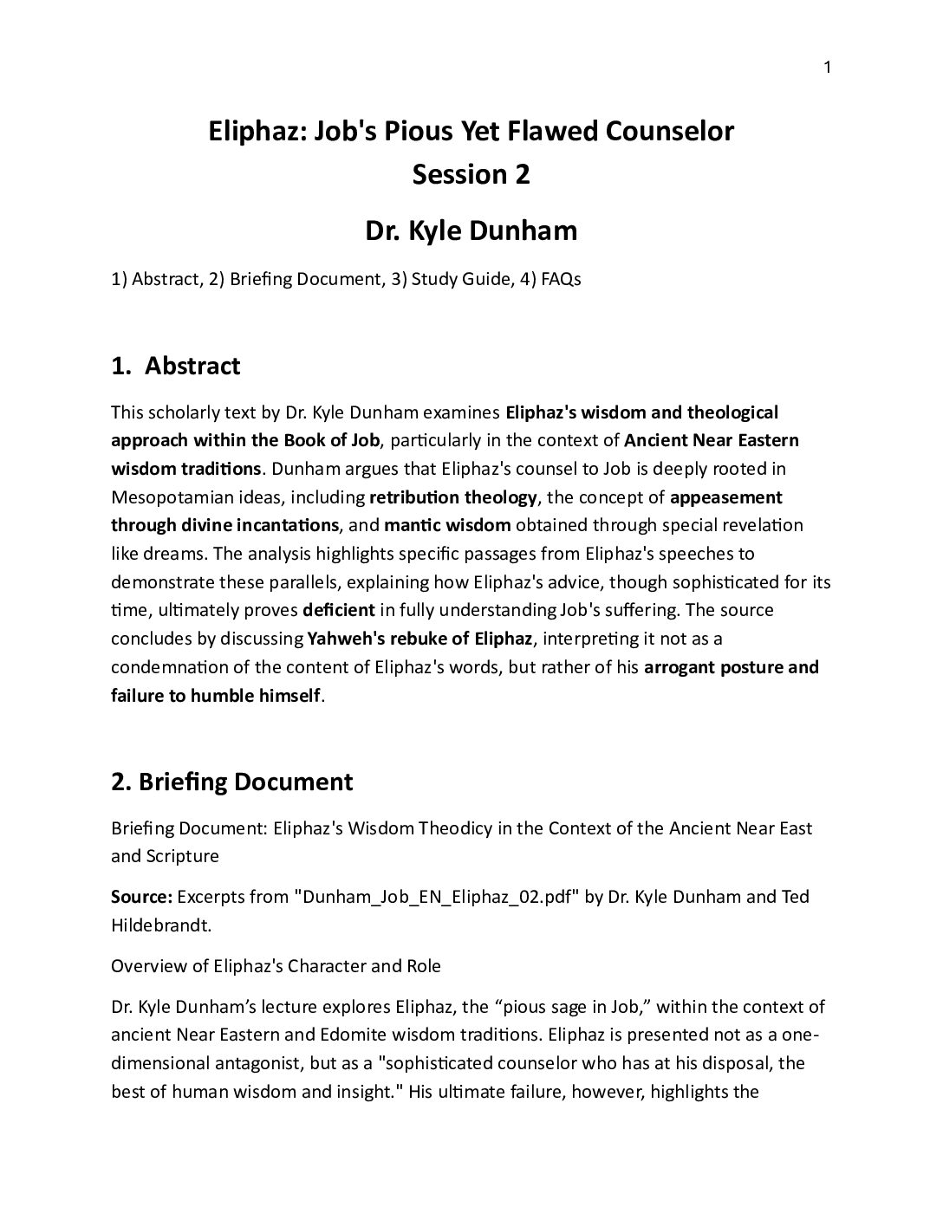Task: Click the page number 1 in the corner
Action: (827, 68)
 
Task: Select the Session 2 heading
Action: (471, 174)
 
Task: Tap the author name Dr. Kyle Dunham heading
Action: (471, 231)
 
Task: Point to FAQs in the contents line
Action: (561, 280)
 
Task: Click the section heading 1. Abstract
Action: (176, 366)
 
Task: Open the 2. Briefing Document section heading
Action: (232, 782)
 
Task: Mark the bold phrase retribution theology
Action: (453, 497)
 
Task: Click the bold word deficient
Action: (339, 610)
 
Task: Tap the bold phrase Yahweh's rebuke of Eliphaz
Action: (419, 639)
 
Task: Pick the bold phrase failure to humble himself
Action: (216, 695)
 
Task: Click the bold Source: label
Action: (142, 897)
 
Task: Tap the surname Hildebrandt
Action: (161, 925)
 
